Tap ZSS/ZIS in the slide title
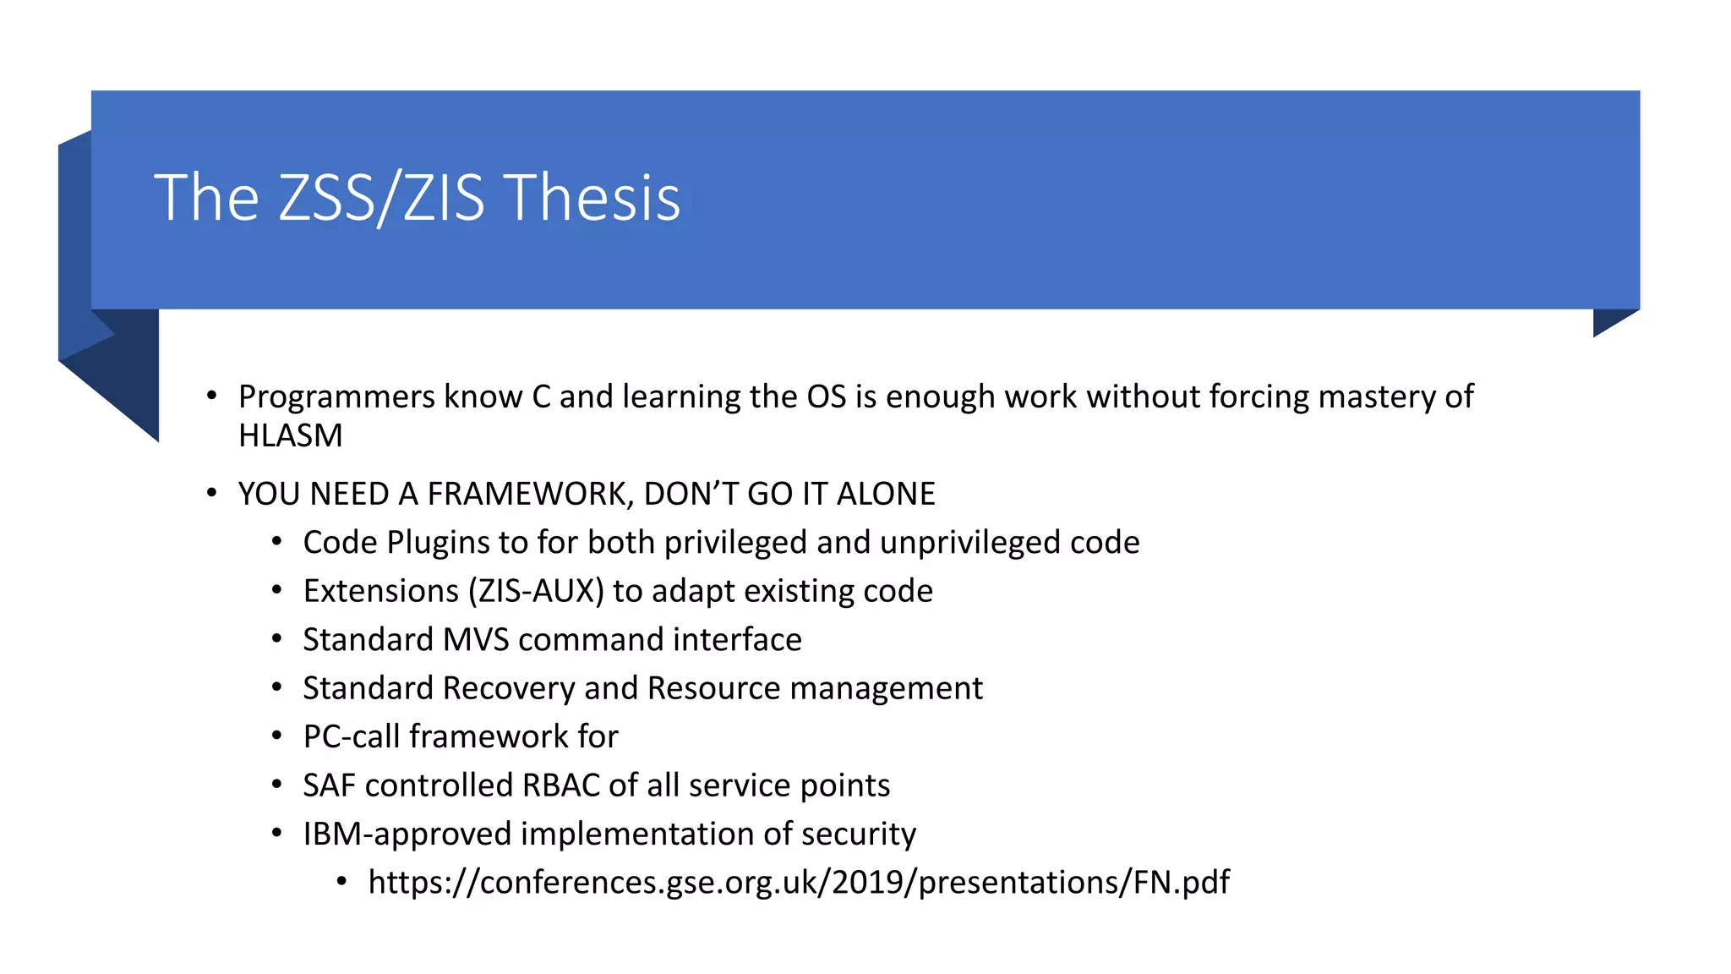[x=381, y=198]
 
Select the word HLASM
[x=290, y=435]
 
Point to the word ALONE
[x=886, y=494]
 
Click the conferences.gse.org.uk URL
[x=799, y=882]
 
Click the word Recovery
[x=509, y=688]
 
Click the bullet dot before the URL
[x=341, y=882]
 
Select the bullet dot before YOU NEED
[x=212, y=493]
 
